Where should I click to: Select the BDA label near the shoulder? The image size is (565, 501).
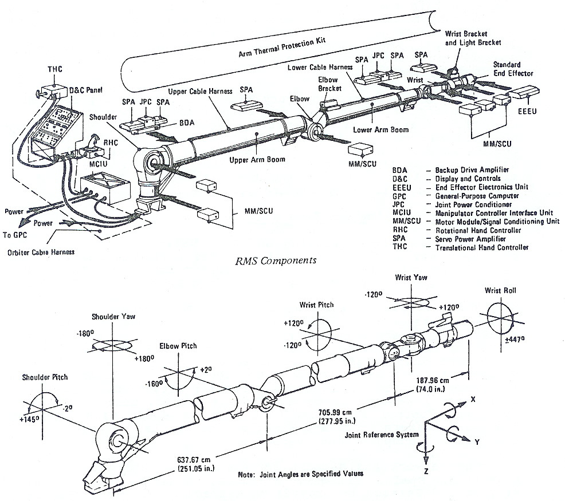186,123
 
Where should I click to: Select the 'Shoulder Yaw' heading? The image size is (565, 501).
112,317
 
